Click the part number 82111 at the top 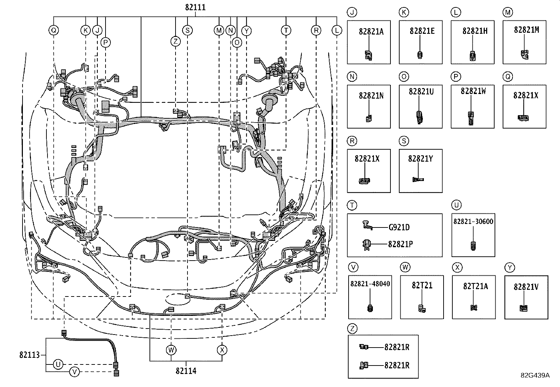[x=195, y=7]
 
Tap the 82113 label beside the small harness [x=30, y=355]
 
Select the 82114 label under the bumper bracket [x=186, y=371]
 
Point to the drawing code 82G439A [x=535, y=375]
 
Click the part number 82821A [x=371, y=31]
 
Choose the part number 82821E [x=422, y=31]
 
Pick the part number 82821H [x=475, y=31]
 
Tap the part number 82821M [x=526, y=30]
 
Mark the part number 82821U [x=421, y=92]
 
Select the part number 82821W [x=473, y=91]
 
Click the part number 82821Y [x=420, y=158]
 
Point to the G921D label [x=399, y=227]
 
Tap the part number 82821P [x=400, y=244]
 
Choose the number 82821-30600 [x=473, y=221]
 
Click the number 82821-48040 [x=370, y=283]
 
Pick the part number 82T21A [x=475, y=286]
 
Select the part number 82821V [x=526, y=287]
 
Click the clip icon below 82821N [x=369, y=118]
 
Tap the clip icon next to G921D [x=367, y=225]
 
